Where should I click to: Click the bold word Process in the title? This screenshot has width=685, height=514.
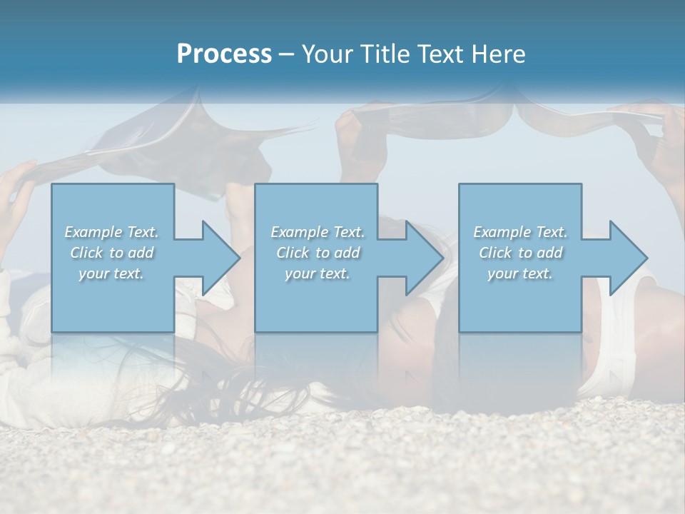tap(224, 54)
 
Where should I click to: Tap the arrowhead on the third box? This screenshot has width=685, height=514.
tap(624, 258)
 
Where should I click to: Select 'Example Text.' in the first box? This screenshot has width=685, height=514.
tap(111, 232)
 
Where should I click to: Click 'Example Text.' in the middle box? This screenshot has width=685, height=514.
tap(318, 232)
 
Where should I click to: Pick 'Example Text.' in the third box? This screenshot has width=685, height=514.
tap(520, 232)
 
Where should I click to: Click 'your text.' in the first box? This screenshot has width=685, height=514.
tap(111, 273)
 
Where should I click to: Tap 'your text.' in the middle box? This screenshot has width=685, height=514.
tap(318, 273)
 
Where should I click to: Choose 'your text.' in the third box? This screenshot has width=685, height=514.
tap(520, 273)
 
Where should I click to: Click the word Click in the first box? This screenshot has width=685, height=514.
tap(86, 253)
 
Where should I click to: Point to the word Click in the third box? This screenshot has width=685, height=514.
tap(495, 253)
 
